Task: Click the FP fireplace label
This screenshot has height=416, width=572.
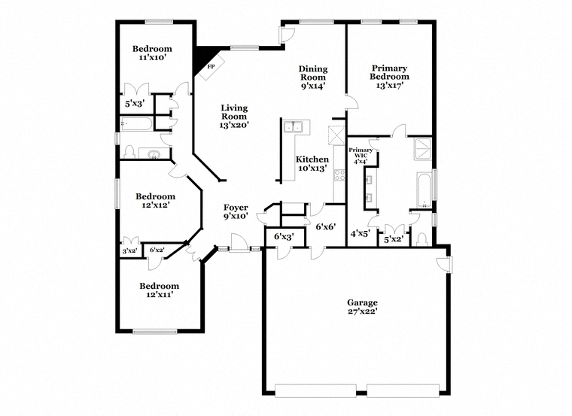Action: tap(211, 67)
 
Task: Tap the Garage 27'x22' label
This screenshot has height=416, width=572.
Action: tap(362, 307)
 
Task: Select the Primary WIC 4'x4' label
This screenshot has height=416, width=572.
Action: tap(361, 155)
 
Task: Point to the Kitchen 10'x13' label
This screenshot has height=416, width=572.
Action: tap(312, 164)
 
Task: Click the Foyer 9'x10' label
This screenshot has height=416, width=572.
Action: tap(236, 212)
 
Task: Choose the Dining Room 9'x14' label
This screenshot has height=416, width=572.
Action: tap(313, 77)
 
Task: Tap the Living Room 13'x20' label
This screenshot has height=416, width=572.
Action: tap(234, 117)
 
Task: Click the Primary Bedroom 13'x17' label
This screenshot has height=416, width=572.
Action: tap(389, 77)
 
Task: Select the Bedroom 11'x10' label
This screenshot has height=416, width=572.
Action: tap(152, 53)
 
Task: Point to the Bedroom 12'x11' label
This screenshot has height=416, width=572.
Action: tap(159, 290)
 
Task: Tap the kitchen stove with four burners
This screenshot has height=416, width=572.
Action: tap(339, 175)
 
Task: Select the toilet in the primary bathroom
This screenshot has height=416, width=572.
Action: tap(421, 239)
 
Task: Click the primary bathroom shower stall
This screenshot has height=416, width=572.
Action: tap(423, 149)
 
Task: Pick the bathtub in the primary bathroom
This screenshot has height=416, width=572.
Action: tap(424, 190)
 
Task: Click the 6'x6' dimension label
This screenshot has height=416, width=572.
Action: tap(325, 226)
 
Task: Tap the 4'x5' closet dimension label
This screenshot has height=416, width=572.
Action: tap(360, 233)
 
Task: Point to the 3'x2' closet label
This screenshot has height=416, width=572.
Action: tap(129, 251)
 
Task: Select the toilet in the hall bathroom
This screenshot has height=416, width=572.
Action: tap(129, 152)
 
